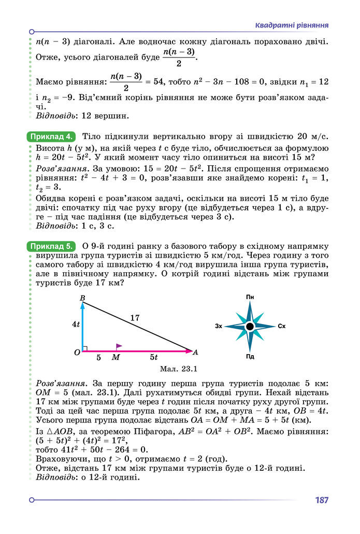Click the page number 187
pyautogui.click(x=321, y=501)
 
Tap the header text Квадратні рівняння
pyautogui.click(x=292, y=25)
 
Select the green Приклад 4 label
pyautogui.click(x=51, y=137)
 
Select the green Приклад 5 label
pyautogui.click(x=51, y=245)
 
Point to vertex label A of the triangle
pyautogui.click(x=195, y=353)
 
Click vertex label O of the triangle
pyautogui.click(x=77, y=353)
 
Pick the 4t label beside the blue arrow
pyautogui.click(x=76, y=324)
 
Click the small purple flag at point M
pyautogui.click(x=119, y=346)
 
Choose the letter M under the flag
pyautogui.click(x=116, y=358)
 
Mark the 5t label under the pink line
pyautogui.click(x=154, y=358)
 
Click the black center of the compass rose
pyautogui.click(x=250, y=326)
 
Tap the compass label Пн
pyautogui.click(x=250, y=297)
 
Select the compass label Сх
pyautogui.click(x=282, y=327)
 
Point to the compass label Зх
pyautogui.click(x=219, y=327)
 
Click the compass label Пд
pyautogui.click(x=250, y=356)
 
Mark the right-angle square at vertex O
pyautogui.click(x=85, y=348)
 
